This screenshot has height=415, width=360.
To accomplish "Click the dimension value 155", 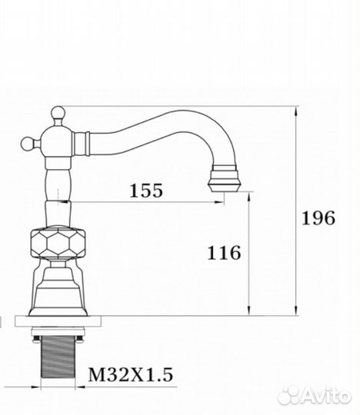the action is pos(146,191).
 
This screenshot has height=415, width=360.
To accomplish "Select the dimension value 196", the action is pos(318,218).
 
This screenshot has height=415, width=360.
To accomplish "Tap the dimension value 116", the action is pos(224,253).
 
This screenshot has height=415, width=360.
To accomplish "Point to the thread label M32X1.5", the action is pos(130,375).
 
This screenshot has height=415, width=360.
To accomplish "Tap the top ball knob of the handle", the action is pos(58,112).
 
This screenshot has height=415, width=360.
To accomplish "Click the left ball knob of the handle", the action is pos(28,144).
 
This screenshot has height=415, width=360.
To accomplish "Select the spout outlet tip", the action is pos(224,178).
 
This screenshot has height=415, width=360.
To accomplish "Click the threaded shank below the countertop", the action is pos(58,357).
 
